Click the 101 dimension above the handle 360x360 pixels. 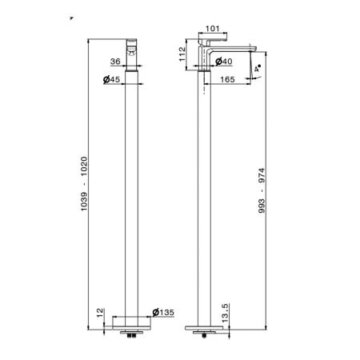(x=213, y=29)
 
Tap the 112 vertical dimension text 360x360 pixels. (x=182, y=54)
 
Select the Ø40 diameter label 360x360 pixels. (x=224, y=62)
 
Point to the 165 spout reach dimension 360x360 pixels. (x=227, y=79)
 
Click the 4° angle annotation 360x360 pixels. (x=258, y=68)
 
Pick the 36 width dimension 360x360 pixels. (x=115, y=62)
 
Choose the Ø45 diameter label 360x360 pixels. (x=111, y=79)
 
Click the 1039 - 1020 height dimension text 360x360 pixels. (x=84, y=184)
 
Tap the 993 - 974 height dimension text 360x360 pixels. (x=262, y=190)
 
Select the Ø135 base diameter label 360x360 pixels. (x=163, y=312)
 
